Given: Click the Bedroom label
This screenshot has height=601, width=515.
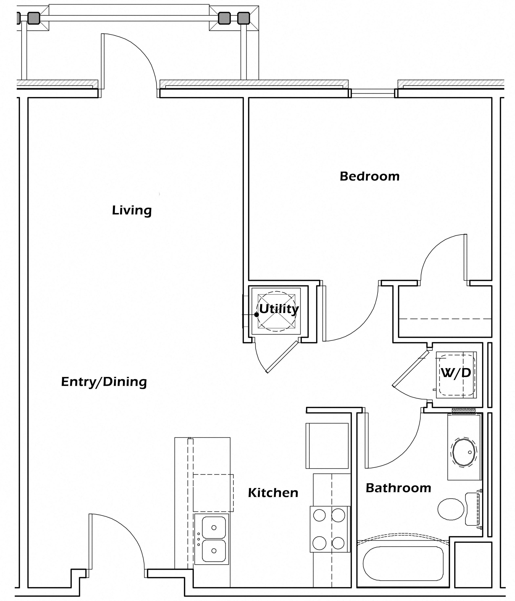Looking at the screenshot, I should tap(369, 176).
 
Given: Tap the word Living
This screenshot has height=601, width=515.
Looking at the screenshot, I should tap(132, 211).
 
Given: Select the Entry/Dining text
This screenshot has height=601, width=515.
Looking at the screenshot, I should tap(104, 382).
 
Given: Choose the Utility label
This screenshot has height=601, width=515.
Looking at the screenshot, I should tap(279, 309).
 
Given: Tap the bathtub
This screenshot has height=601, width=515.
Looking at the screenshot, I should tap(403, 563).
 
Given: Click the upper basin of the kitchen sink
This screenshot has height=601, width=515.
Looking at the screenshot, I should tap(214, 528).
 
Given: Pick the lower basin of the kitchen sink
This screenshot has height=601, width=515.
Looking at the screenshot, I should tap(214, 551).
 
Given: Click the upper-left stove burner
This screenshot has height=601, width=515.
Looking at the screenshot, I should tap(319, 516).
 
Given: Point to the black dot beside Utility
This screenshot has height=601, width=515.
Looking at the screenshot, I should tap(256, 314).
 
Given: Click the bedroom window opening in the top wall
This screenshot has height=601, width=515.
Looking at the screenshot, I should tap(373, 93).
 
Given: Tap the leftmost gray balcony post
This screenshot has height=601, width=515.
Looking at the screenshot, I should tap(18, 18).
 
